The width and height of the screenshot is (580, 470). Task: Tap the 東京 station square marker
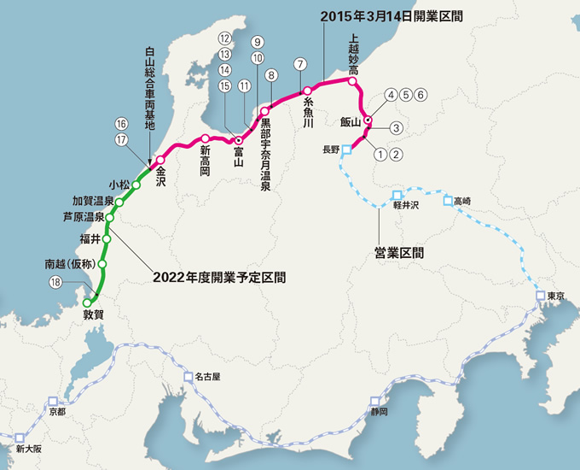pos(540,296)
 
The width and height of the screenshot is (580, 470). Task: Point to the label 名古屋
pos(207,376)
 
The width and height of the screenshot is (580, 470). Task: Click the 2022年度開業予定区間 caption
pos(218,277)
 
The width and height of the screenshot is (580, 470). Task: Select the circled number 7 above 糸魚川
pos(299,64)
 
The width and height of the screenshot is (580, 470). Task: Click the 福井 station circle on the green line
pos(107,239)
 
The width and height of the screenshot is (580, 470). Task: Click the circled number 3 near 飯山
pos(395,127)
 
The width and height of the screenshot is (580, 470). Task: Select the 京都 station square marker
pos(54,400)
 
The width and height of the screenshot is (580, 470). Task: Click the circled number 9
pos(257,42)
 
